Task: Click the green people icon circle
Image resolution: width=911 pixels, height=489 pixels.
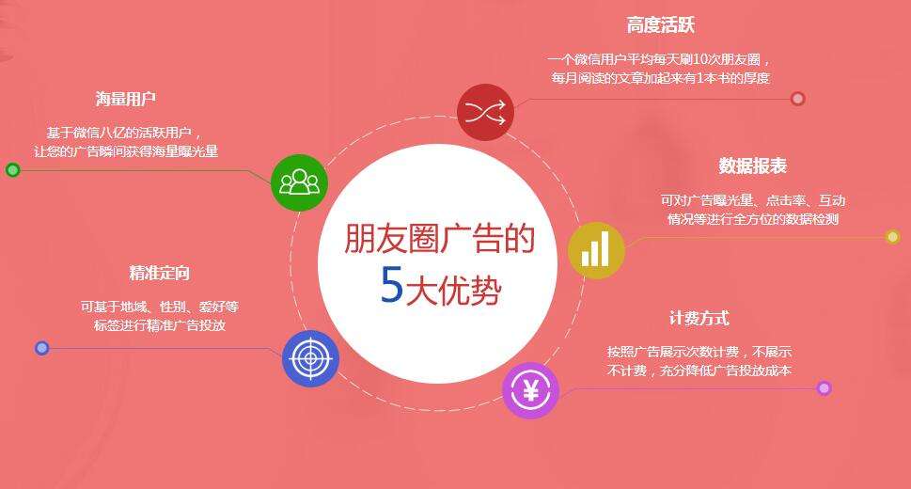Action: pos(299,182)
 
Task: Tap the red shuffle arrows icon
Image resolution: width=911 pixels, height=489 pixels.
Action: pos(485,111)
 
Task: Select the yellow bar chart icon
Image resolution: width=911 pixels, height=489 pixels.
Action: pos(596,250)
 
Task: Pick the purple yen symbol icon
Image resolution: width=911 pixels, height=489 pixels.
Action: pos(530,389)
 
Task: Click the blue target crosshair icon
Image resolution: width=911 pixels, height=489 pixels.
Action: pos(310,358)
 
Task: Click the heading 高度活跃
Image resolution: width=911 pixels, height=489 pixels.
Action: pos(660,25)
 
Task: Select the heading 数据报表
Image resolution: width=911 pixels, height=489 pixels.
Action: pos(752,166)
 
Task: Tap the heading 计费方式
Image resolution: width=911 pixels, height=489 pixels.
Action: pos(699,318)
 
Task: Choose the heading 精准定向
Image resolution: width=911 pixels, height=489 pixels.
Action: pos(159,273)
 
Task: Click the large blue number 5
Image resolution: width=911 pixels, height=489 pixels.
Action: pos(391,286)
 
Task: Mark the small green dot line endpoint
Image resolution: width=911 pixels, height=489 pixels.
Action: pos(12,170)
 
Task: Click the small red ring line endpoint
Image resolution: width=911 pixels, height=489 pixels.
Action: pos(797,99)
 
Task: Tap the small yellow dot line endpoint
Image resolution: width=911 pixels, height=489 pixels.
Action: pos(892,237)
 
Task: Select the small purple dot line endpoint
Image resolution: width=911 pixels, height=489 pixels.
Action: pos(825,387)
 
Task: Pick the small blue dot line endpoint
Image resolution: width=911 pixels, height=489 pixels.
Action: pos(41,348)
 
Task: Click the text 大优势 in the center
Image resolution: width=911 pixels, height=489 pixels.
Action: pos(453,290)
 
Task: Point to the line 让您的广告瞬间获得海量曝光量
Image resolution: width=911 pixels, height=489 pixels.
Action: pos(126,151)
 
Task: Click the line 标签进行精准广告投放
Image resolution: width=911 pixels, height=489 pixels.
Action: pos(159,325)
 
